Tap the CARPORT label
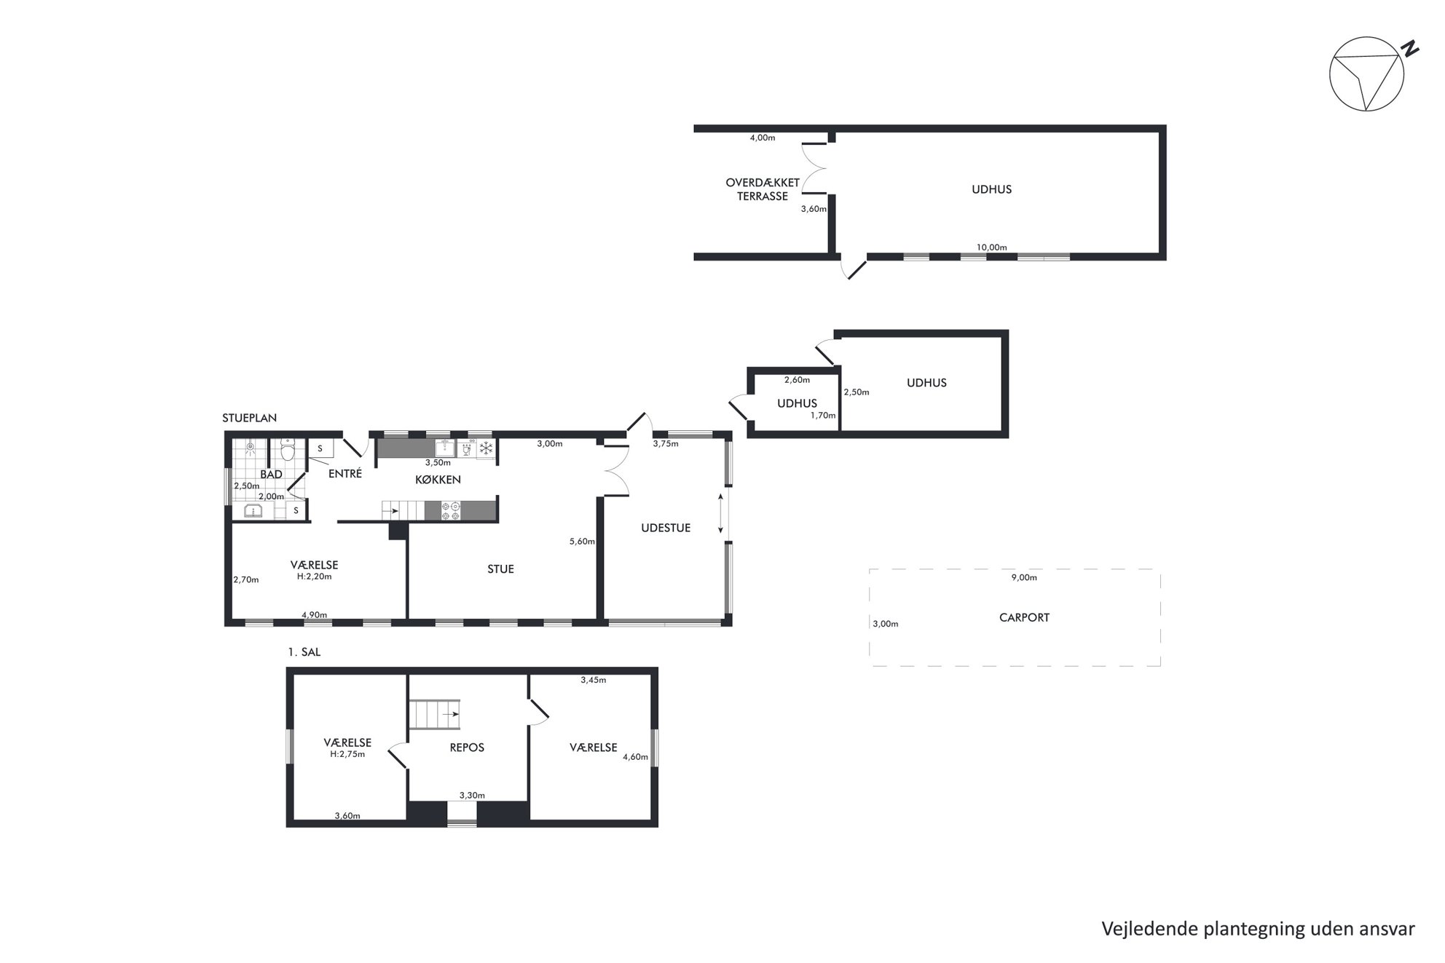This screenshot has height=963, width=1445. click(x=1024, y=617)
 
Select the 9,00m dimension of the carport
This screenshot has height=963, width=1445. click(x=1024, y=577)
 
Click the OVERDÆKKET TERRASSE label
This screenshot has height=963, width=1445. click(x=763, y=189)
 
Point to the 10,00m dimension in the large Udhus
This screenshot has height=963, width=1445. click(x=991, y=247)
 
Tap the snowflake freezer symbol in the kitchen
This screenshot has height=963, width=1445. click(x=486, y=448)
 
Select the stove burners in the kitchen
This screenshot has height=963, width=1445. click(x=451, y=510)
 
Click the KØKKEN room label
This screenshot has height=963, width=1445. click(x=438, y=480)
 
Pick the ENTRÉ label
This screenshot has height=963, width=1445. click(x=345, y=474)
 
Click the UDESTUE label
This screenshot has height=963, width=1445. click(x=666, y=528)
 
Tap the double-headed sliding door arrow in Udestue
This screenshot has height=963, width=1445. click(x=721, y=513)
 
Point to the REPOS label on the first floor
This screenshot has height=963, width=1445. click(x=467, y=748)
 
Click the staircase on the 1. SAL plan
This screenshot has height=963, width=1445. click(x=434, y=714)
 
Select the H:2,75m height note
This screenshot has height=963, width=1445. click(x=347, y=754)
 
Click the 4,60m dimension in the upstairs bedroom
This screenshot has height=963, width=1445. click(x=635, y=757)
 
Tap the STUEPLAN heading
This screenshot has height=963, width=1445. click(x=250, y=418)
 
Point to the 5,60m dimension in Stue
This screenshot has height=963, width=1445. click(x=582, y=542)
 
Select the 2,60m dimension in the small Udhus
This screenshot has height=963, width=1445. click(x=797, y=379)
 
